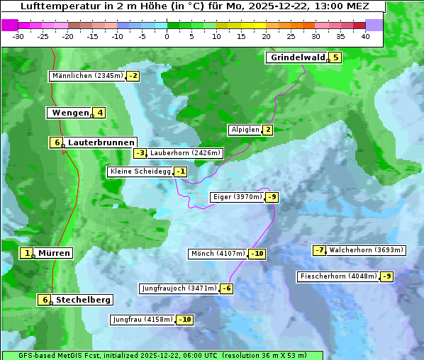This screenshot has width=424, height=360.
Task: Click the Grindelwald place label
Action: pyautogui.click(x=297, y=57)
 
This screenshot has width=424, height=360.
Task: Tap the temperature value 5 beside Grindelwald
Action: pyautogui.click(x=335, y=57)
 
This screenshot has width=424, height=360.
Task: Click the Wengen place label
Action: pyautogui.click(x=70, y=113)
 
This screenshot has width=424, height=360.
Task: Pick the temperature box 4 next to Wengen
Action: pyautogui.click(x=100, y=113)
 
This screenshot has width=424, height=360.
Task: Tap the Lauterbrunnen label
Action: pyautogui.click(x=101, y=142)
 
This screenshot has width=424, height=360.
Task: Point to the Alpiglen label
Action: pyautogui.click(x=245, y=130)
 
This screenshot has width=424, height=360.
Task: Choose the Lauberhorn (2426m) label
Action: pyautogui.click(x=186, y=152)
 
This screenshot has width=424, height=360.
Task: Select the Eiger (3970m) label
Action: pyautogui.click(x=238, y=197)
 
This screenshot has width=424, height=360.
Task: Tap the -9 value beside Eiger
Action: pyautogui.click(x=272, y=197)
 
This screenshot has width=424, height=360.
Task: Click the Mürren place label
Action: pyautogui.click(x=54, y=253)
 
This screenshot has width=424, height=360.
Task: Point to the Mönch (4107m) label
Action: pyautogui.click(x=218, y=254)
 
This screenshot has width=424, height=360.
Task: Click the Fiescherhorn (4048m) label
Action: pyautogui.click(x=338, y=276)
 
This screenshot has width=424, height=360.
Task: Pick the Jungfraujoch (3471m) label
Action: pyautogui.click(x=179, y=288)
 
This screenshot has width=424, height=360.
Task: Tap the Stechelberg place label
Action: pyautogui.click(x=83, y=300)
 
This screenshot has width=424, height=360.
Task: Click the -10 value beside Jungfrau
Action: pyautogui.click(x=184, y=320)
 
